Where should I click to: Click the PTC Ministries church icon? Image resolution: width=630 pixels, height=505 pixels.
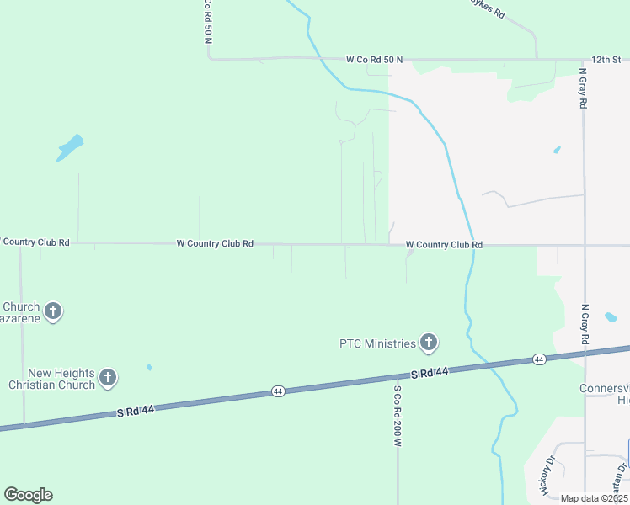pyautogui.click(x=429, y=343)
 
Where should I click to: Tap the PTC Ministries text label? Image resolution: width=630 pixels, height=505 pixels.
pyautogui.click(x=377, y=343)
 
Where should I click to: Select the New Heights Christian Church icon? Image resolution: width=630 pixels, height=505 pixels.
pyautogui.click(x=108, y=378)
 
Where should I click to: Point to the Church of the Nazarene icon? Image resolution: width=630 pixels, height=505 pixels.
pyautogui.click(x=52, y=312)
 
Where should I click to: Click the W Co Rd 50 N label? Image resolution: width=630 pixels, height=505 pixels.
pyautogui.click(x=374, y=60)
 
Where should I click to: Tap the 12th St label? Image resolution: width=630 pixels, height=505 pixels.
pyautogui.click(x=605, y=60)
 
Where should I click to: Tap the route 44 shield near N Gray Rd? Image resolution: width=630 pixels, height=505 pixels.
pyautogui.click(x=539, y=359)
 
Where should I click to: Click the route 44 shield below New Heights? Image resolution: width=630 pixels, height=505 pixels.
pyautogui.click(x=278, y=391)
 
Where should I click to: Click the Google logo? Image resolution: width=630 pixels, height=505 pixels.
pyautogui.click(x=28, y=495)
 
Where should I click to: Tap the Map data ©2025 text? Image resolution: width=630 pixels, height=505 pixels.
pyautogui.click(x=594, y=498)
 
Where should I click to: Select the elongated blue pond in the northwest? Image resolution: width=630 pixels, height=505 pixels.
pyautogui.click(x=70, y=148)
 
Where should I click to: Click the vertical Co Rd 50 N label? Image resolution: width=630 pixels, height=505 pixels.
pyautogui.click(x=206, y=22)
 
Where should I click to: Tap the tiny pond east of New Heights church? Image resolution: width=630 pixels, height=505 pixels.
pyautogui.click(x=149, y=367)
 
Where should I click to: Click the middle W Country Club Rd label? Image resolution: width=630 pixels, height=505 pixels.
pyautogui.click(x=215, y=243)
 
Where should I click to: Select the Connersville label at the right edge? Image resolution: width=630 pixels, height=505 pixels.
pyautogui.click(x=604, y=388)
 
